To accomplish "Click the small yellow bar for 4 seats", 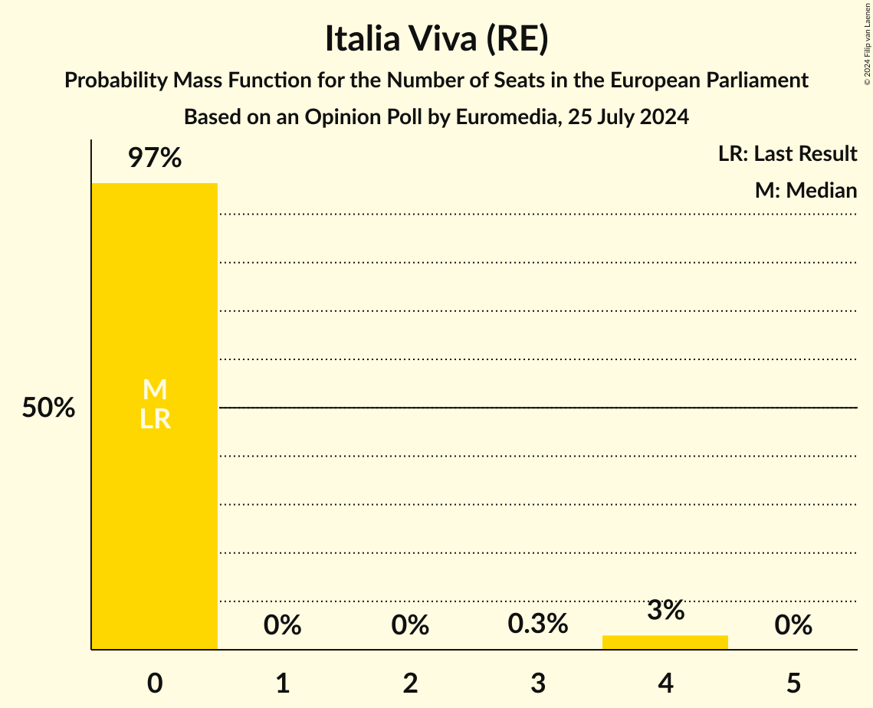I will coord(665,642).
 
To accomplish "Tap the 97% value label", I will coord(155,159).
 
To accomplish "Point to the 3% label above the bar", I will coord(665,611).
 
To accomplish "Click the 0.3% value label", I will coord(538,624).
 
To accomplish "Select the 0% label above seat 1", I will coord(282,625).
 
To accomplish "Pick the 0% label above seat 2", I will coord(410,625).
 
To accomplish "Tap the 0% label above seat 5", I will coord(793,625).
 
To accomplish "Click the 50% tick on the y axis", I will coord(48,408).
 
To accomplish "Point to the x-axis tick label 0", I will coord(155,683).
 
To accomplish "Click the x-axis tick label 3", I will coord(538,683).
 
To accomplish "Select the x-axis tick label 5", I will coord(793,683).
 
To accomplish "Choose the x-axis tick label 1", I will coord(282,683).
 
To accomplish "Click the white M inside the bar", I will coord(155,390).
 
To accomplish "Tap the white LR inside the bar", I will coord(155,419).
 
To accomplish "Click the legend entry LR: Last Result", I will coord(787,154).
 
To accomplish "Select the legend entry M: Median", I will coord(806,190).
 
